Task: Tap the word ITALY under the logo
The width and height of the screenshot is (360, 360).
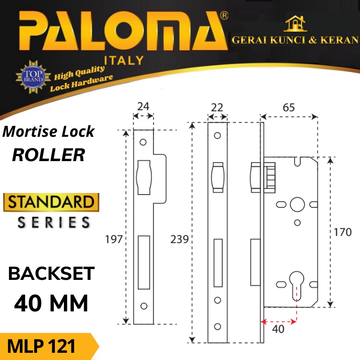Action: [124, 60]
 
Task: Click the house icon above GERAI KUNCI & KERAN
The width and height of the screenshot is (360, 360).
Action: [295, 24]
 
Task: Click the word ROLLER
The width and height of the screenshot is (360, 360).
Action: [49, 154]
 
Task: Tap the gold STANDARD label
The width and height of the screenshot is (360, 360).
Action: [51, 202]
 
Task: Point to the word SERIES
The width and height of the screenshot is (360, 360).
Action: [54, 222]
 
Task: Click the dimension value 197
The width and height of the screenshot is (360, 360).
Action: [114, 239]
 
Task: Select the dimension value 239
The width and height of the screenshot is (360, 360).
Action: [180, 239]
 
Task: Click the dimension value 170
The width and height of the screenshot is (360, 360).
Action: [343, 233]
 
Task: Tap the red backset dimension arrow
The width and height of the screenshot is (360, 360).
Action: [279, 321]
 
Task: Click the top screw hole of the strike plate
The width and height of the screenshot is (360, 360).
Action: [144, 143]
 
